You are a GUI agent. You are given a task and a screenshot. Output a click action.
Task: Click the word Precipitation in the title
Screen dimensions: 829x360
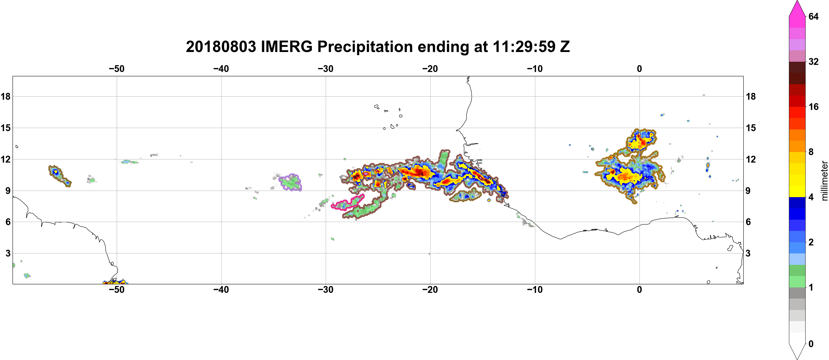pyautogui.click(x=365, y=47)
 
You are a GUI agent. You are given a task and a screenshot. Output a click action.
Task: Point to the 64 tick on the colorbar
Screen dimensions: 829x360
pyautogui.click(x=813, y=16)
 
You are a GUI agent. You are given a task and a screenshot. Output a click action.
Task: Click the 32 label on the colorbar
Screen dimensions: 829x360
pyautogui.click(x=813, y=61)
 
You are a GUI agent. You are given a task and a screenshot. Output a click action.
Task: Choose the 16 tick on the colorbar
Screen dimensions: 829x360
pyautogui.click(x=813, y=107)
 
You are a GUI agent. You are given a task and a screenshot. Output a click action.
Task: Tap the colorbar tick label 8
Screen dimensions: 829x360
pyautogui.click(x=811, y=152)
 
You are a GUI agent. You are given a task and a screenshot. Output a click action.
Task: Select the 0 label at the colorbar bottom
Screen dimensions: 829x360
pyautogui.click(x=811, y=344)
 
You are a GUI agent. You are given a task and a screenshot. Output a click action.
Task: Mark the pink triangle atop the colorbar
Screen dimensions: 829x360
pyautogui.click(x=797, y=8)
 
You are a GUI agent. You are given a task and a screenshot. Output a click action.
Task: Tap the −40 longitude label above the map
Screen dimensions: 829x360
pyautogui.click(x=221, y=69)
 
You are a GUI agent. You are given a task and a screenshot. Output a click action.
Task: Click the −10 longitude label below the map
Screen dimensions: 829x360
pyautogui.click(x=535, y=290)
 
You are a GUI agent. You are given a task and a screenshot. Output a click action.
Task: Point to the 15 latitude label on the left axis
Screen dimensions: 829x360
pyautogui.click(x=5, y=128)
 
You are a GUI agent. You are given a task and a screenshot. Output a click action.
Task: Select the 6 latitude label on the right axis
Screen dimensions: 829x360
pyautogui.click(x=748, y=222)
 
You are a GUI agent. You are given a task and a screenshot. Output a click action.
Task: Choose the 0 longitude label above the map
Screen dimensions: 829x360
pyautogui.click(x=639, y=69)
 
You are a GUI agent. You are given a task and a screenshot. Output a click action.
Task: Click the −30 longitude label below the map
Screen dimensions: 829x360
pyautogui.click(x=326, y=290)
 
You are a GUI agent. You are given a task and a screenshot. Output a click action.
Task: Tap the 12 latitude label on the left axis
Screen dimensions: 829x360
pyautogui.click(x=5, y=159)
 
